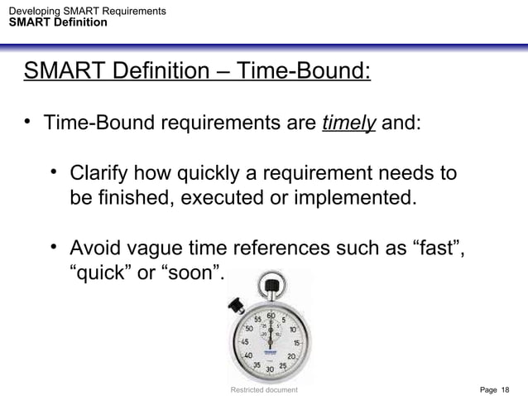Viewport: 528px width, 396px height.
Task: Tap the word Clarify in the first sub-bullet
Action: click(x=102, y=175)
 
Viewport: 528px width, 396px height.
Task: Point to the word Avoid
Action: click(x=96, y=248)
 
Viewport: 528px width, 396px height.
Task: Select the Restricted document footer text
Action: click(x=264, y=389)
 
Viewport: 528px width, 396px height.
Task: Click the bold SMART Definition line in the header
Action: click(x=57, y=22)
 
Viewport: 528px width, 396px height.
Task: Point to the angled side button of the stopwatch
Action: click(x=234, y=304)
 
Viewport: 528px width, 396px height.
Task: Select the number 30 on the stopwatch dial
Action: click(x=269, y=369)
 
